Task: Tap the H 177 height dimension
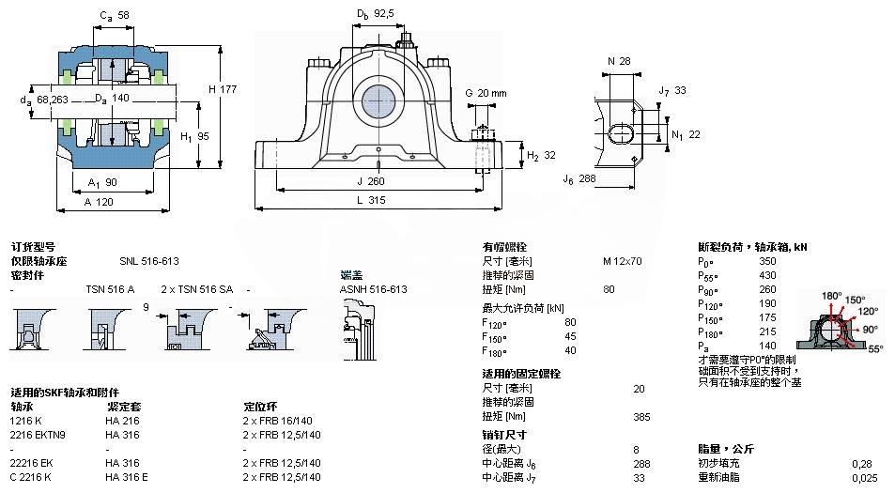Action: coord(222,88)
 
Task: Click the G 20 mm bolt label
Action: coord(486,92)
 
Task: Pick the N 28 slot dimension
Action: coord(619,61)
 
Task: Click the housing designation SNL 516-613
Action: coord(148,261)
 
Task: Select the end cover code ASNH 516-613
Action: coord(373,289)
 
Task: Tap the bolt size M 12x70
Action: coord(622,261)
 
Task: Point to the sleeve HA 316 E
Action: coord(128,477)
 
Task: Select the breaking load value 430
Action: coord(767,275)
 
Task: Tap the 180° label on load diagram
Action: coord(832,296)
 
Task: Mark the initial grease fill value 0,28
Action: coord(860,463)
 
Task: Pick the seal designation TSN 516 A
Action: coord(110,289)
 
